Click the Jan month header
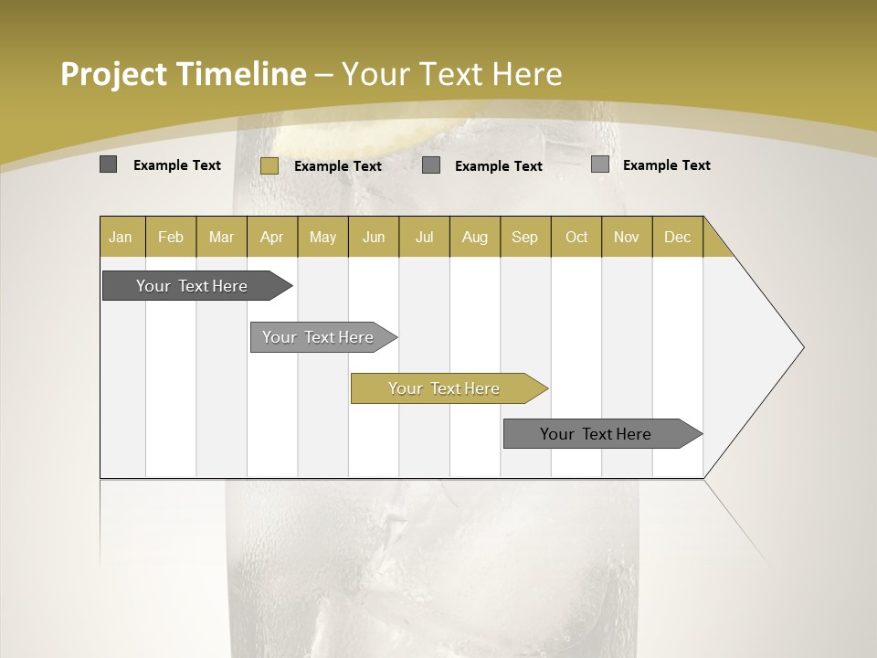pos(122,237)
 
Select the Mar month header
pos(221,237)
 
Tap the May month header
pos(322,237)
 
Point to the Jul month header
pos(424,237)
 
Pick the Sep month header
pos(524,237)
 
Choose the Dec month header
pos(677,237)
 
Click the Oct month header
pos(576,237)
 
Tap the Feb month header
pos(171,237)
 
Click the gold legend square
pos(269,165)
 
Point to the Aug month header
pos(474,237)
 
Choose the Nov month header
pos(626,237)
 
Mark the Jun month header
pos(374,237)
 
